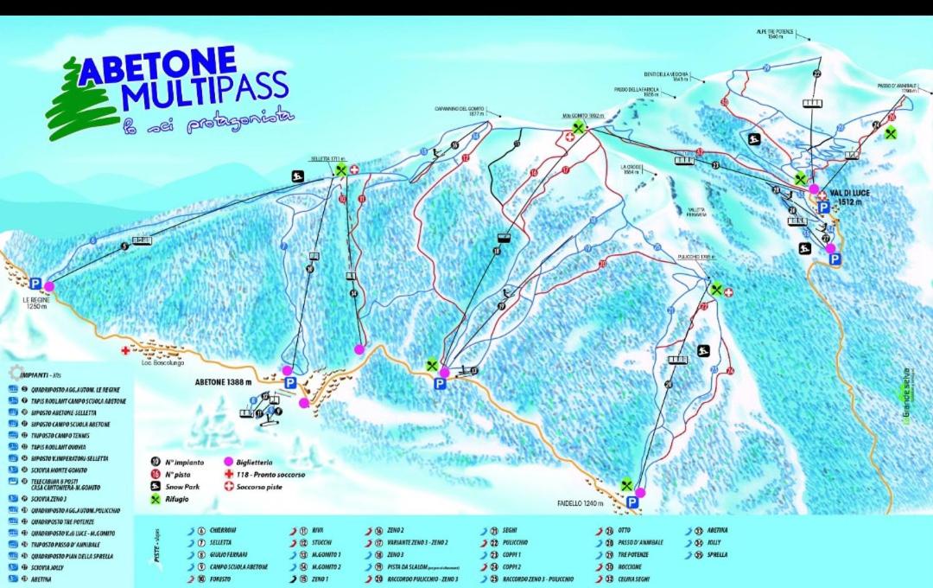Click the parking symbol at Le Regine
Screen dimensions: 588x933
pyautogui.click(x=35, y=284)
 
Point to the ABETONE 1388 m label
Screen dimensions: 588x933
pyautogui.click(x=222, y=381)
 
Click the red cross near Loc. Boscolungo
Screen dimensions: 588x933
pyautogui.click(x=126, y=352)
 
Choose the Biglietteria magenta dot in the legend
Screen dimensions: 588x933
pyautogui.click(x=229, y=462)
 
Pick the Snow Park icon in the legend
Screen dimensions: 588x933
pyautogui.click(x=156, y=487)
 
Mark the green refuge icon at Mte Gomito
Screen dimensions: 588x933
pyautogui.click(x=579, y=128)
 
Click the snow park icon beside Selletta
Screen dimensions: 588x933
pyautogui.click(x=297, y=177)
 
